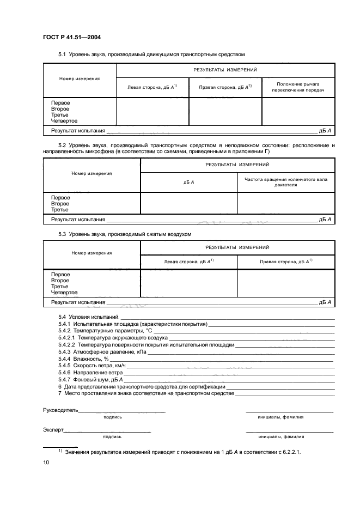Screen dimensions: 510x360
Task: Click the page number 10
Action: (x=46, y=463)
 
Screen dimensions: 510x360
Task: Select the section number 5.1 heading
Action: (x=62, y=54)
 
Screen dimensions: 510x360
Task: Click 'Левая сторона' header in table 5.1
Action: (x=152, y=87)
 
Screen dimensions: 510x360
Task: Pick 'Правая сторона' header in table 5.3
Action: (x=285, y=262)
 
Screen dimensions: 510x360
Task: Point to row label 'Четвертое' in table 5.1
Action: (x=64, y=120)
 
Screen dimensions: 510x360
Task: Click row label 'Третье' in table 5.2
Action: (x=59, y=210)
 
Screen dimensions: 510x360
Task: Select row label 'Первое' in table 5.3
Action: (x=60, y=275)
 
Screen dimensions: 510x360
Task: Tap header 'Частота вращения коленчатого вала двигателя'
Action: (x=286, y=182)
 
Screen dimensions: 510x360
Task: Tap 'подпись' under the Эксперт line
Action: (x=112, y=436)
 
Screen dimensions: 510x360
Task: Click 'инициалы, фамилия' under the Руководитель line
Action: (x=281, y=417)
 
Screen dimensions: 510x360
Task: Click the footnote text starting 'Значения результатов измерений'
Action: (x=182, y=452)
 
